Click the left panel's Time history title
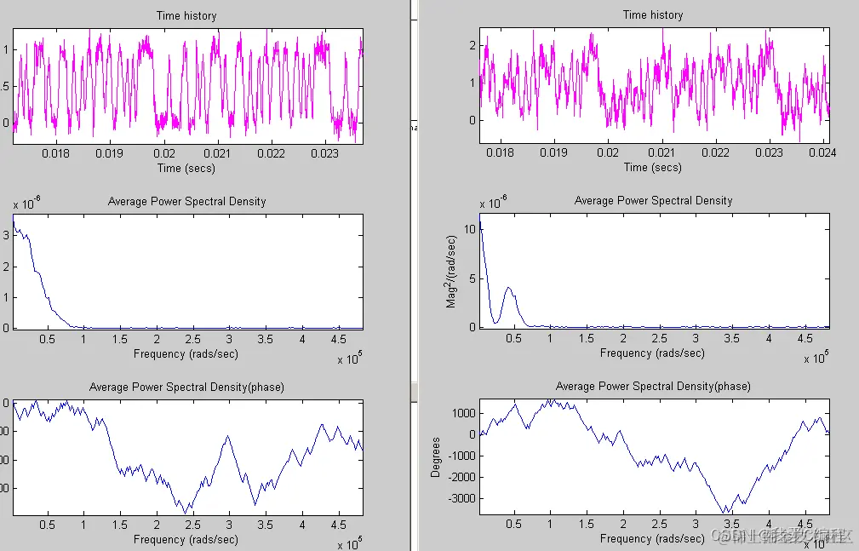click(x=186, y=15)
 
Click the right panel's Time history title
click(x=653, y=14)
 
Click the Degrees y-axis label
click(x=436, y=457)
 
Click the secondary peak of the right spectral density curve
click(x=508, y=288)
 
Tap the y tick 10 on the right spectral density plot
click(x=469, y=229)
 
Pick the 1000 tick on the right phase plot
click(x=464, y=413)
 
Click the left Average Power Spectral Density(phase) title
click(x=186, y=387)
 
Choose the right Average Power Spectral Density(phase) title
click(x=653, y=386)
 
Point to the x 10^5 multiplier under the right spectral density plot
click(x=816, y=359)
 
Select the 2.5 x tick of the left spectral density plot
click(x=193, y=339)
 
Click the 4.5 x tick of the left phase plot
click(x=339, y=525)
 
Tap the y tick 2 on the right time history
click(x=472, y=45)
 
